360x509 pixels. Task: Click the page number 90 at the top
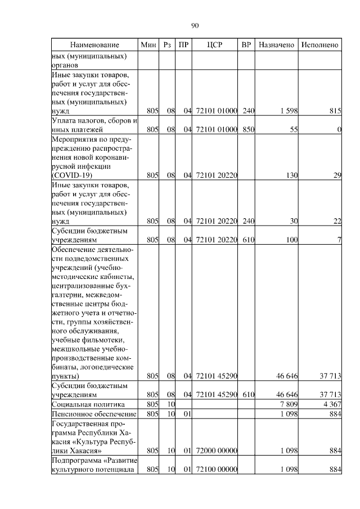coord(195,25)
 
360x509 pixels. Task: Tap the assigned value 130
coord(291,175)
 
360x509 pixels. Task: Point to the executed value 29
coord(337,175)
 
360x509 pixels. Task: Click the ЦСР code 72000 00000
coord(217,451)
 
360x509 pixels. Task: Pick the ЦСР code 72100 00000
coord(217,470)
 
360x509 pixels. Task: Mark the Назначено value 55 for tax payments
coord(292,130)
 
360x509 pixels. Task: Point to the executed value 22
coord(337,221)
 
